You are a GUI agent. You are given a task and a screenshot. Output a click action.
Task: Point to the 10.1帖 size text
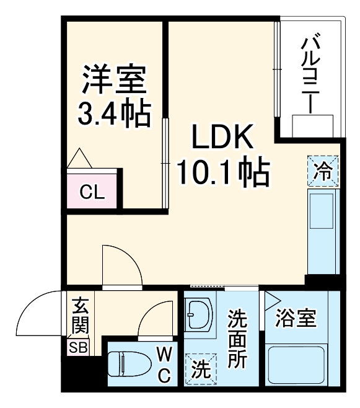click(222, 173)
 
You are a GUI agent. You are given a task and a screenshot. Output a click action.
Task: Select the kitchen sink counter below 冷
click(323, 229)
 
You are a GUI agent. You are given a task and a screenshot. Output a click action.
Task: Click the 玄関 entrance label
click(79, 317)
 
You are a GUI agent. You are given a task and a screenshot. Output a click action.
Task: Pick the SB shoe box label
click(78, 347)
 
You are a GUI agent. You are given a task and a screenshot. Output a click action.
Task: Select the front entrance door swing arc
click(38, 313)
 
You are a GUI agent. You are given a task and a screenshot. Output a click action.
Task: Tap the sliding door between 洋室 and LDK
click(165, 162)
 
